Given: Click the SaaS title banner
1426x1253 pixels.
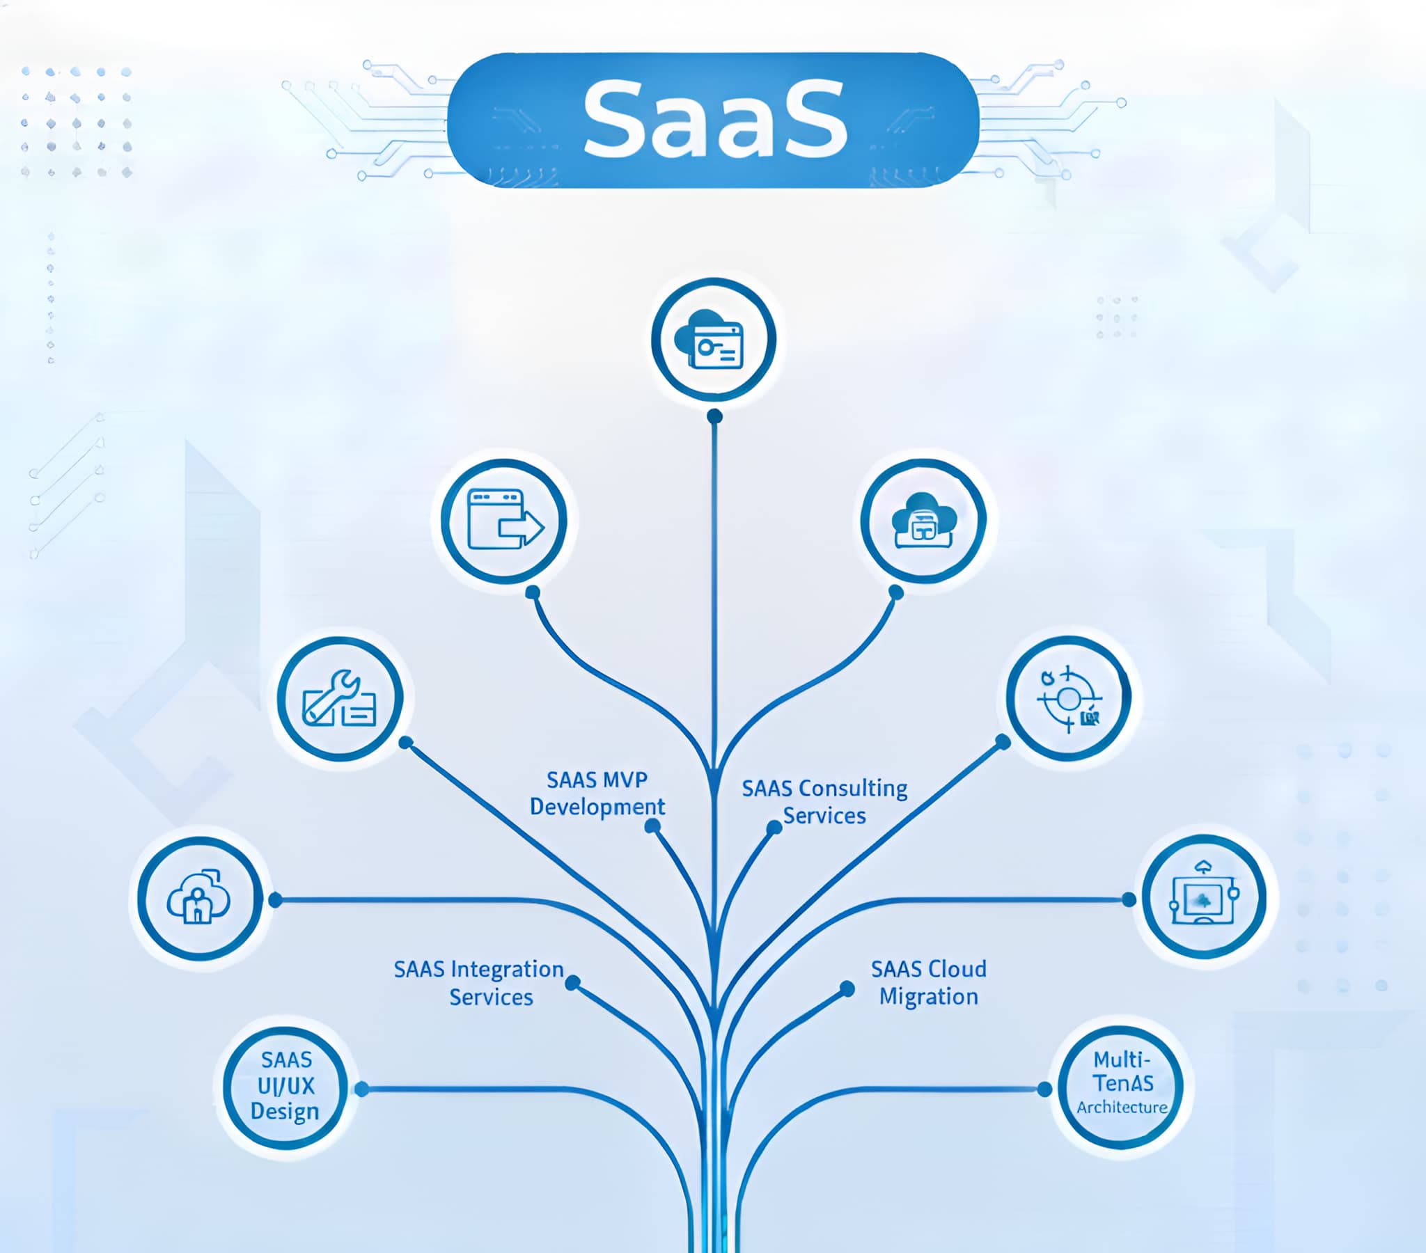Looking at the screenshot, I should (x=713, y=119).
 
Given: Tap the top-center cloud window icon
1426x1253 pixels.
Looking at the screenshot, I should (x=713, y=340).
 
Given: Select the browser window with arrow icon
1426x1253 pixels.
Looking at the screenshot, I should (x=503, y=521).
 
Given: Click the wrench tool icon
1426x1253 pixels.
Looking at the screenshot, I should (x=340, y=698).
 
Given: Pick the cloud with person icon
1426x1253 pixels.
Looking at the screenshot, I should (x=200, y=899).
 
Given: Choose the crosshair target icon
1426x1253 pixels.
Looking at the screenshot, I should (x=1068, y=698).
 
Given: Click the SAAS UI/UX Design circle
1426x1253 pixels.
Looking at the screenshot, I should (x=285, y=1087).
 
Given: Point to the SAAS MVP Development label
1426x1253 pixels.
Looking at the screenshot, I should (x=597, y=794).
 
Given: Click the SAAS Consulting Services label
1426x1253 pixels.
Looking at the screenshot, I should (x=824, y=802).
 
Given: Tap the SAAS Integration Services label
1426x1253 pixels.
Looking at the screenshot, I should (x=479, y=982).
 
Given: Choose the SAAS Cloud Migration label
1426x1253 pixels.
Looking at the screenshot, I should (x=929, y=982).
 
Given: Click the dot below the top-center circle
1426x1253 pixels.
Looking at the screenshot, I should (x=714, y=416).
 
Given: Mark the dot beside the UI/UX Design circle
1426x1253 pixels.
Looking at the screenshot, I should (x=361, y=1089).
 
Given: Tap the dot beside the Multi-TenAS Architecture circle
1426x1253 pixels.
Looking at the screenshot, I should (x=1044, y=1089).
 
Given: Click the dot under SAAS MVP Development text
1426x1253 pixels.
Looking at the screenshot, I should (x=652, y=826).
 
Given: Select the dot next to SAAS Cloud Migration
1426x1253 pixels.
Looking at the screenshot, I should (x=847, y=988).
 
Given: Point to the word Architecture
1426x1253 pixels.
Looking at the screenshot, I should (x=1122, y=1108).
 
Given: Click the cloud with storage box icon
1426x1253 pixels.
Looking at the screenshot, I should (x=924, y=521).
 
